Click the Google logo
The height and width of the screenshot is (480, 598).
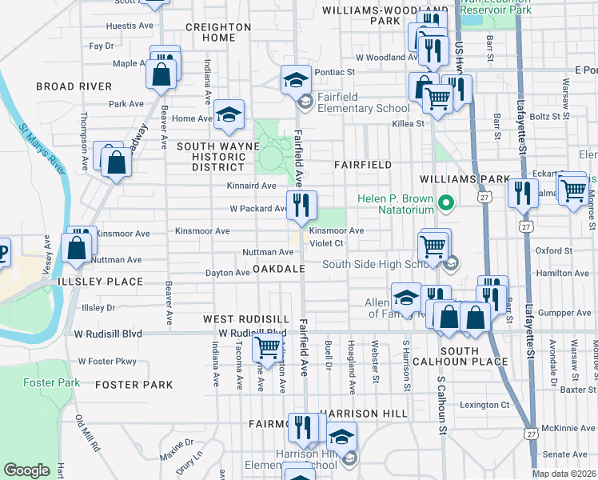coord(27,470)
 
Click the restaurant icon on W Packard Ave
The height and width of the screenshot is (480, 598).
coord(302,206)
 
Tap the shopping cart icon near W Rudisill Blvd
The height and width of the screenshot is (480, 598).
coord(267,347)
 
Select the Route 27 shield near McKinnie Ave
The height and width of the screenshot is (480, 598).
coord(530,432)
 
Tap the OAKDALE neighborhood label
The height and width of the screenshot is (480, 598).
coord(279,269)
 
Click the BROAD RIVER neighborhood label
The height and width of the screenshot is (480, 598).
coord(74,86)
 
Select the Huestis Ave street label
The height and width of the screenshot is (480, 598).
coord(133,26)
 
